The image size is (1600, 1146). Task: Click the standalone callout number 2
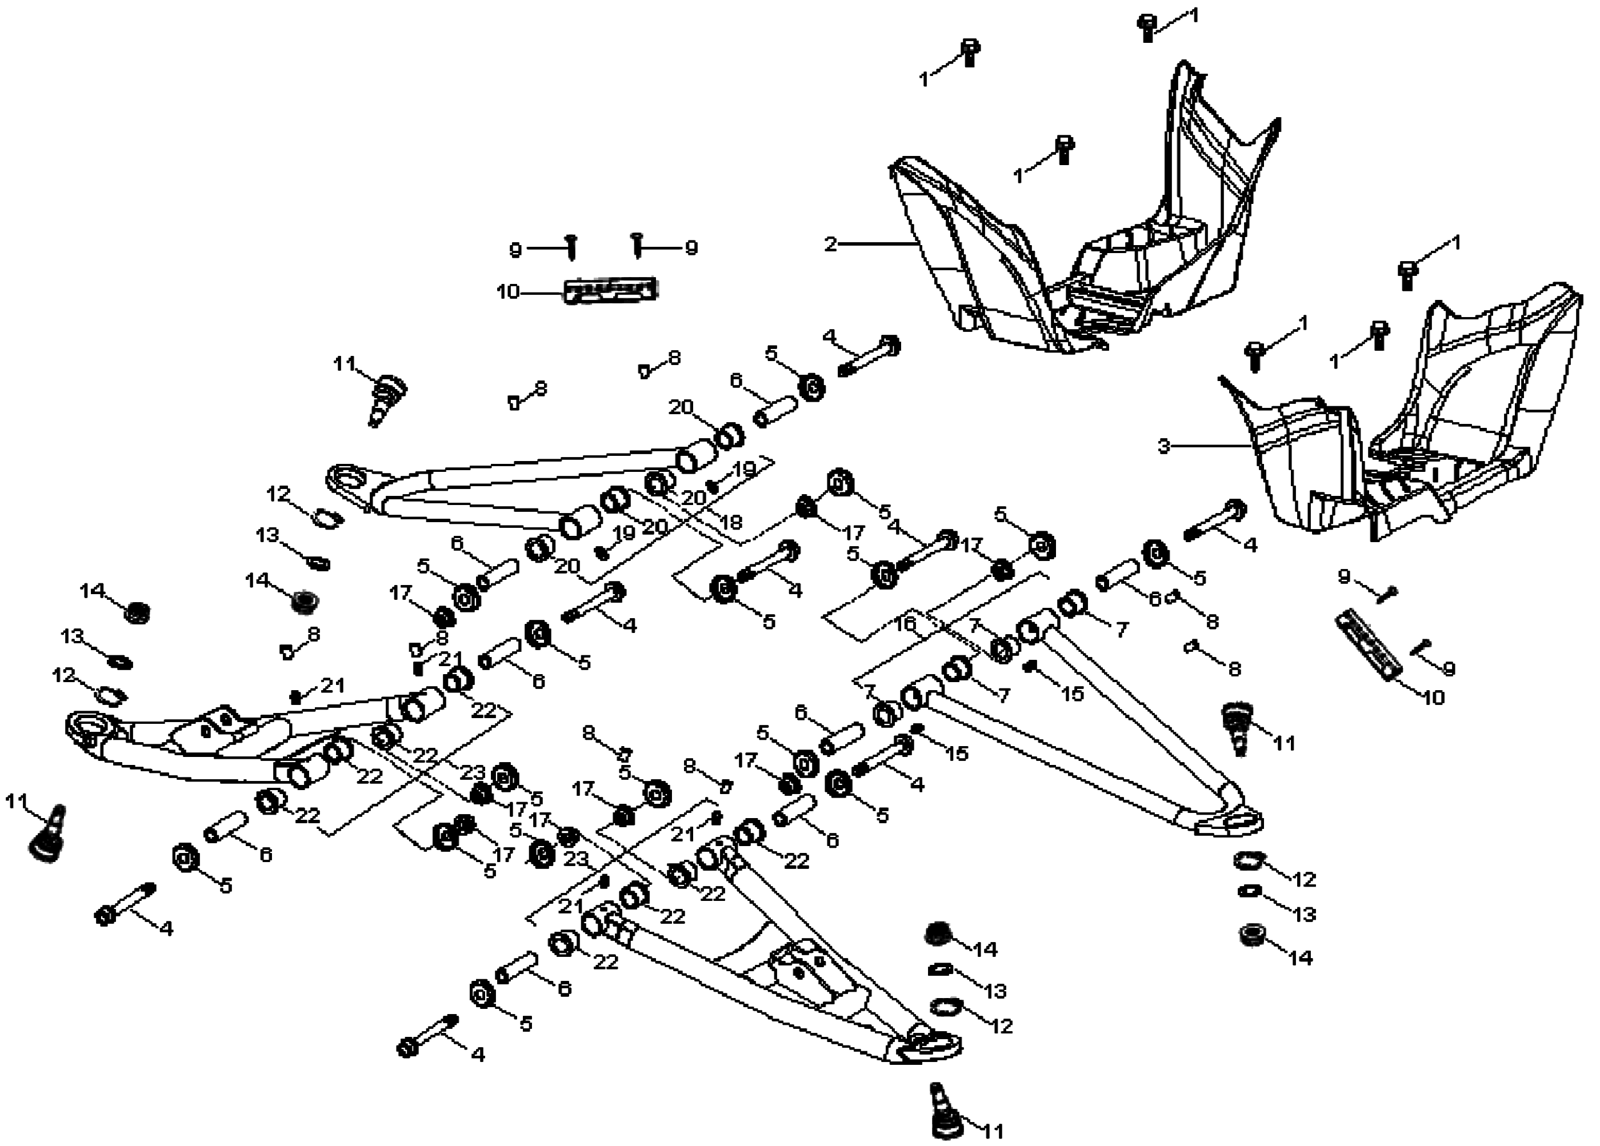coord(830,244)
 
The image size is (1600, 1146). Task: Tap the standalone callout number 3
coord(1163,446)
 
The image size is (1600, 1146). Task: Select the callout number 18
coord(731,522)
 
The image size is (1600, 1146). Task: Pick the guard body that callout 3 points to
coord(1411,437)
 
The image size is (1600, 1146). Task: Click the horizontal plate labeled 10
coord(610,290)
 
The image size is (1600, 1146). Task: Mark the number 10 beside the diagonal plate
coord(1432,698)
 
